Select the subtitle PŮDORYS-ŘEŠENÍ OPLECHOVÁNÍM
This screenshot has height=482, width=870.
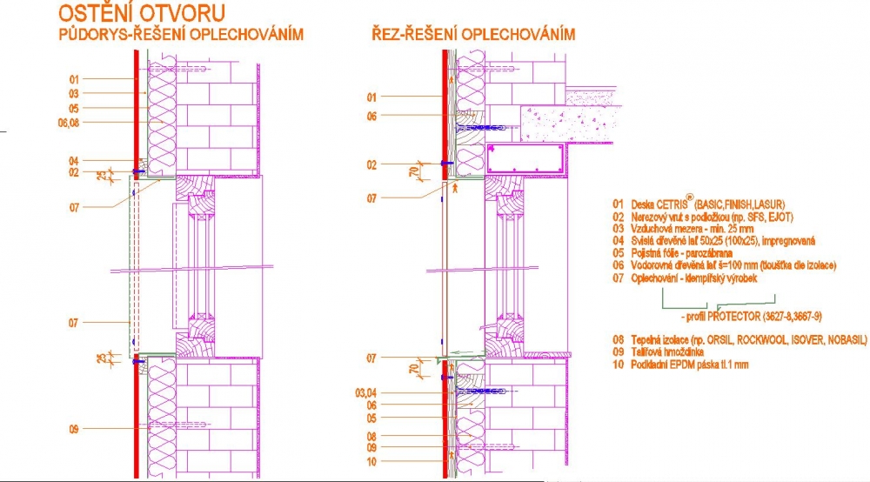[x=180, y=35]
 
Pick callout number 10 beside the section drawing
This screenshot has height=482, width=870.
[x=371, y=461]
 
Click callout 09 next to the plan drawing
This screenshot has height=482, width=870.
[x=75, y=428]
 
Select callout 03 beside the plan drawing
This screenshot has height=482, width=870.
[x=75, y=93]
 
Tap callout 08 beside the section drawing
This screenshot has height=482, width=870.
[x=371, y=436]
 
